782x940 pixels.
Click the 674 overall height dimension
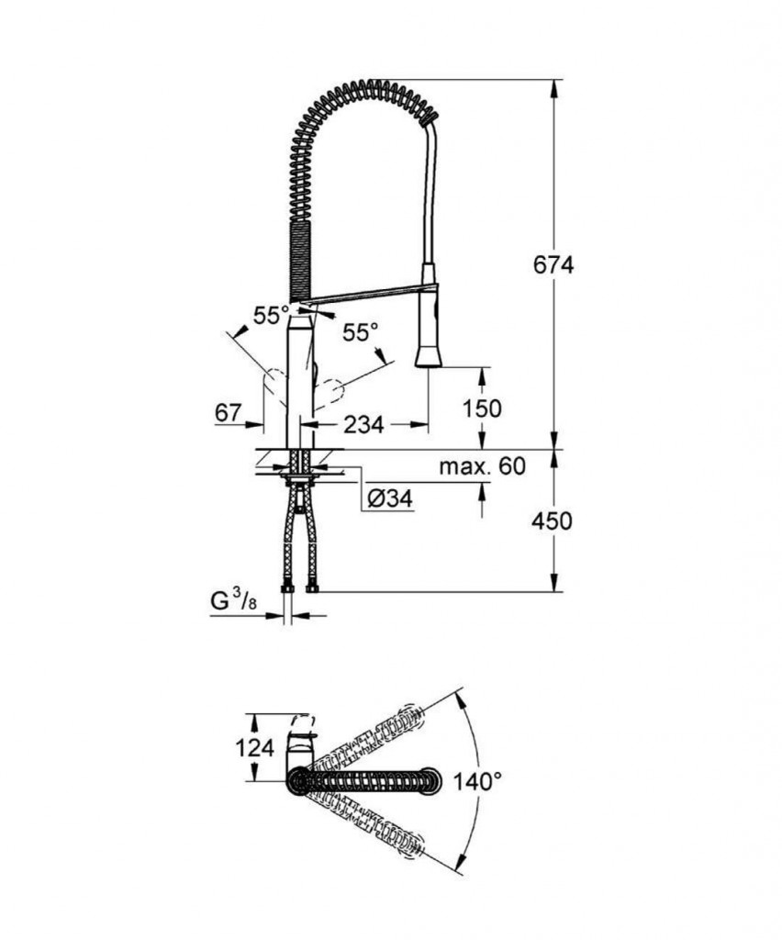tap(553, 264)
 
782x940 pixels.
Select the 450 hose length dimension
tap(552, 520)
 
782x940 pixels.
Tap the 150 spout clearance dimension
tap(482, 408)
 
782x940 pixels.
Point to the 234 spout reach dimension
tap(364, 424)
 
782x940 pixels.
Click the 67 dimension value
tap(229, 414)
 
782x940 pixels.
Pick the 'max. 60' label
tap(481, 466)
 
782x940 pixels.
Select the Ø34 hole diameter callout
tap(389, 498)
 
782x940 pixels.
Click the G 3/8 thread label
tap(230, 602)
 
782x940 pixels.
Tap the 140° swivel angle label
tap(477, 781)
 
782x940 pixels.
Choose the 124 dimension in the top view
tap(256, 747)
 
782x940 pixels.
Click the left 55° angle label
tap(272, 315)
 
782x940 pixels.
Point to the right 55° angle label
tap(361, 332)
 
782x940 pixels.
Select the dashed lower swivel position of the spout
tap(376, 825)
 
